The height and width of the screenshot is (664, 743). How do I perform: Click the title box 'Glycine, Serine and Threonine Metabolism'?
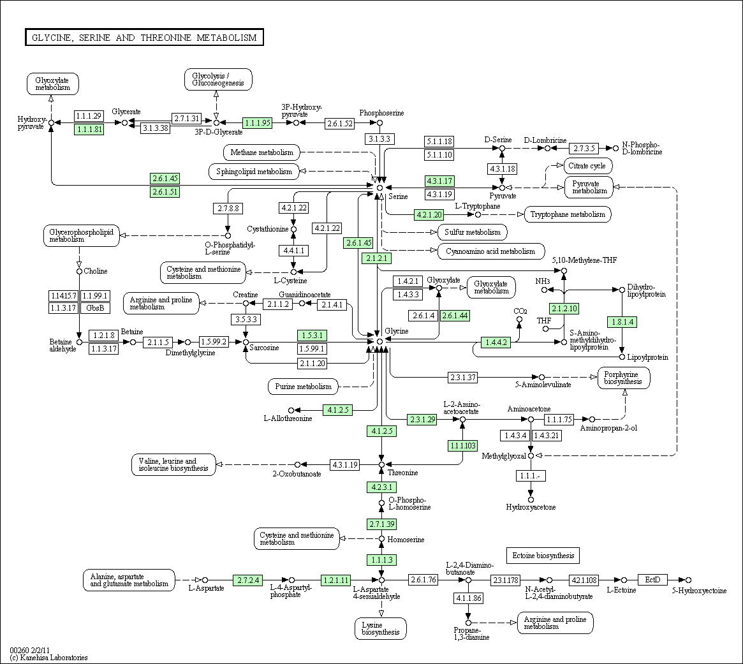pos(145,38)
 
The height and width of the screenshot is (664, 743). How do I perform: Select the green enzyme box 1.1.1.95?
pos(257,122)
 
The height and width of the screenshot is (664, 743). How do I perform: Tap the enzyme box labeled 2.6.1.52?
pos(340,123)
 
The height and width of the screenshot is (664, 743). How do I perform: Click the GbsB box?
pos(95,308)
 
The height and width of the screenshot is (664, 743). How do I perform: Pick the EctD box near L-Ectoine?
pos(652,580)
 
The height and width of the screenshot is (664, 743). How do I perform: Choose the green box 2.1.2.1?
pos(377,258)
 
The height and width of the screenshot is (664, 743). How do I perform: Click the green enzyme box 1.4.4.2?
pos(496,342)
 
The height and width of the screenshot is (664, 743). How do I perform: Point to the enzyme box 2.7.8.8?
pos(228,208)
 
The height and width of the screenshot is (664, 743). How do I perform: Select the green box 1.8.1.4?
pos(622,322)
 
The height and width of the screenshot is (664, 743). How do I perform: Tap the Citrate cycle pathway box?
pos(588,166)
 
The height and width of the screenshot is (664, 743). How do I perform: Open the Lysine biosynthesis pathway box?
pos(381,628)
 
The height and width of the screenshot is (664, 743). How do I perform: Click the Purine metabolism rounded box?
pos(304,387)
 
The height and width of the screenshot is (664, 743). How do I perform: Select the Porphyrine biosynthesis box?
pos(624,378)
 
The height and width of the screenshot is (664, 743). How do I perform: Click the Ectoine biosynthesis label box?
pos(543,556)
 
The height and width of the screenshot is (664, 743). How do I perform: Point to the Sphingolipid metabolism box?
pos(254,172)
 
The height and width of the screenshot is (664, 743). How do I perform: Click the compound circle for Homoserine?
pos(381,539)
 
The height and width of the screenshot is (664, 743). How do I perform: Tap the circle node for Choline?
pos(79,271)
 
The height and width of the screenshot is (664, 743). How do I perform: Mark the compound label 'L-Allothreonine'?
pos(288,418)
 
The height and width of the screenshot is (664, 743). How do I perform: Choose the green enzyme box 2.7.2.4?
pos(248,580)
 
